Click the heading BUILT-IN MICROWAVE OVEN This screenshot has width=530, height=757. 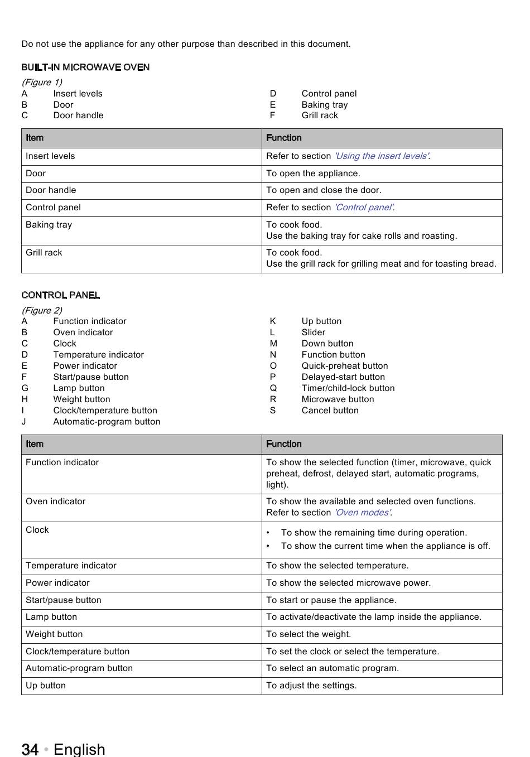click(85, 67)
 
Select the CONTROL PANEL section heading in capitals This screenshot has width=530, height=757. click(61, 295)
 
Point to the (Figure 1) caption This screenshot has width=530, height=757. click(42, 82)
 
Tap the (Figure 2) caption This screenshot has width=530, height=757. click(42, 310)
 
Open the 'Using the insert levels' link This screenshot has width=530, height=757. click(382, 156)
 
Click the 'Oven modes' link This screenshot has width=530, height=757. click(363, 513)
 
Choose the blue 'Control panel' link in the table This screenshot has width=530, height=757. click(364, 208)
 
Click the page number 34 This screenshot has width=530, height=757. click(30, 749)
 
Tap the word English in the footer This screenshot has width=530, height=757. click(79, 749)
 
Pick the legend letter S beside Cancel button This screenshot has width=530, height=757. click(273, 411)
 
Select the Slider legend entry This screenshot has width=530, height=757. click(314, 332)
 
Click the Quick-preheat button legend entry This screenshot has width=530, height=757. click(345, 366)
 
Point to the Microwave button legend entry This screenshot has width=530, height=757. click(338, 399)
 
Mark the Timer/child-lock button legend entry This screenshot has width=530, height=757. click(348, 388)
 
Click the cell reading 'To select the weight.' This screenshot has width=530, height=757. click(309, 634)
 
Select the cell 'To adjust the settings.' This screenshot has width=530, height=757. click(311, 686)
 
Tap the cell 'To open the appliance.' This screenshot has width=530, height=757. click(313, 173)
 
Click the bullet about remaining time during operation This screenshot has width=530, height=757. click(374, 533)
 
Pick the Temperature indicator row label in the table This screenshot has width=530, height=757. click(71, 566)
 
